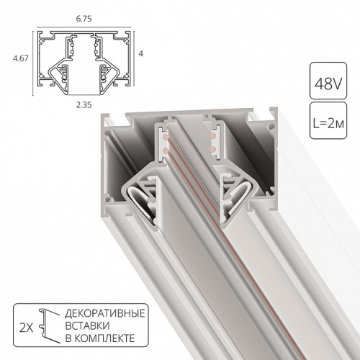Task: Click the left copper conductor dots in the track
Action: pyautogui.click(x=165, y=140)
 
